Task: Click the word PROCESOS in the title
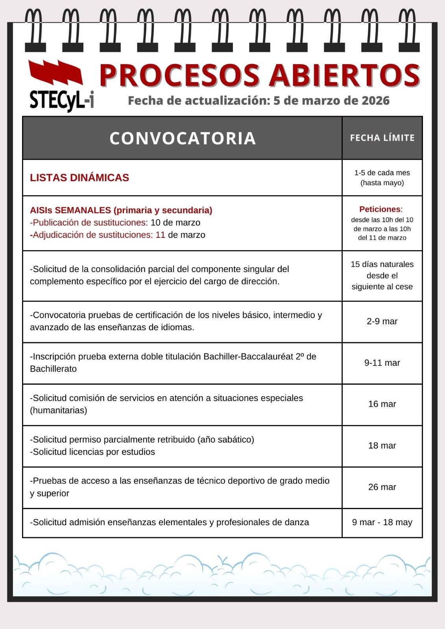click(179, 75)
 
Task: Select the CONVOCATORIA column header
click(183, 138)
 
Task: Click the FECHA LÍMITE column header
click(382, 138)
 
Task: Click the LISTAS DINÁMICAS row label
click(79, 178)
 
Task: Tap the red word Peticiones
click(380, 209)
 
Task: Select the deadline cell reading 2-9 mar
click(382, 322)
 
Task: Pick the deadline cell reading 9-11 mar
click(382, 363)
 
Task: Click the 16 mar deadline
click(382, 404)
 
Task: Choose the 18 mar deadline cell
click(382, 446)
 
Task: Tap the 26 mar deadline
click(382, 487)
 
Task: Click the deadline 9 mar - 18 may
click(382, 522)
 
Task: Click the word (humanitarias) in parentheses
click(59, 410)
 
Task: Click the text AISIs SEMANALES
click(70, 210)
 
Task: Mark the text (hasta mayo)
click(382, 183)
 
